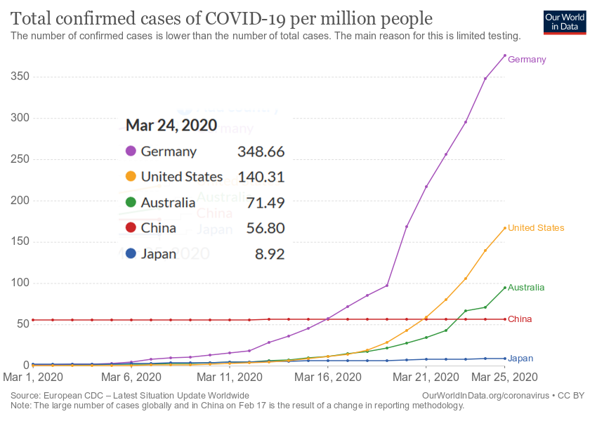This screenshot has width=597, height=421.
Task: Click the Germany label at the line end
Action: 527,60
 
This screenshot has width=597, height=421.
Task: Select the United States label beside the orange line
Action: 536,228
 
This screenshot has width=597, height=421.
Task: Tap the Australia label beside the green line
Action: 526,288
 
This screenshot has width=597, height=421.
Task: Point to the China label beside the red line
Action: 520,319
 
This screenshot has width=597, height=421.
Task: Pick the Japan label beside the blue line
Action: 520,359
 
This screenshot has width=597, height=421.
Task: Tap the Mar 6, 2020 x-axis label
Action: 131,377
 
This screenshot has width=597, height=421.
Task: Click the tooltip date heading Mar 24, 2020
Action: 171,126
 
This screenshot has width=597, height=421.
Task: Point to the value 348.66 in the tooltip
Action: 261,152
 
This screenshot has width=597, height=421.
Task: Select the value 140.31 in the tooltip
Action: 261,178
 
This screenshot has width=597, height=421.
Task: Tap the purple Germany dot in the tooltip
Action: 131,152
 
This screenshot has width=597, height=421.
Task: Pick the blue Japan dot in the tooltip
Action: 131,254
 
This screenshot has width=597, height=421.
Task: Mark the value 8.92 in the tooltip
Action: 270,254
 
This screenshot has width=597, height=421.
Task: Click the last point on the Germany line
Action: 505,56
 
